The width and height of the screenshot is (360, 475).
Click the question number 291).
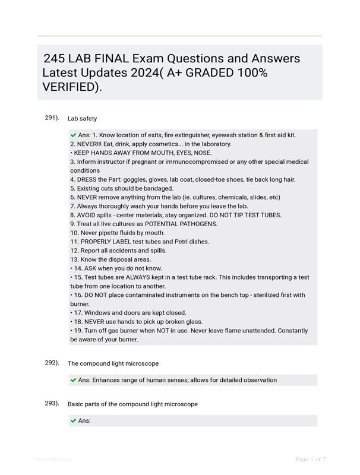click(x=52, y=118)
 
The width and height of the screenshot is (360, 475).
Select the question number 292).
click(x=52, y=363)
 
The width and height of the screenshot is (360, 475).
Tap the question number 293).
click(x=52, y=404)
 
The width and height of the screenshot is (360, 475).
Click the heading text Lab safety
click(x=83, y=119)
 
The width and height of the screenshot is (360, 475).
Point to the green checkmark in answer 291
click(x=73, y=135)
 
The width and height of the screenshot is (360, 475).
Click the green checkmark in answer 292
click(x=73, y=380)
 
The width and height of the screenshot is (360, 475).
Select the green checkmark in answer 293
click(x=73, y=421)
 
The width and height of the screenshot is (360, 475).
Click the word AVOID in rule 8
click(x=87, y=216)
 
